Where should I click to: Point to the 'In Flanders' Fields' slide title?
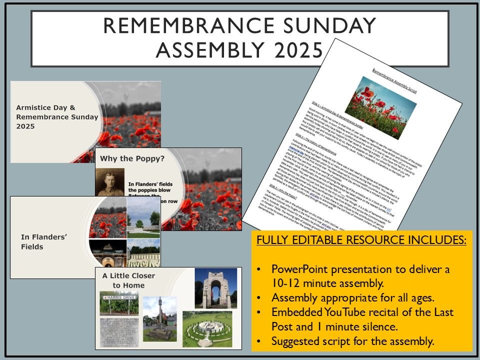coord(43,241)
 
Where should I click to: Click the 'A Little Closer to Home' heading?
coord(129,280)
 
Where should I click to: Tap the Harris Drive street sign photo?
coord(119,300)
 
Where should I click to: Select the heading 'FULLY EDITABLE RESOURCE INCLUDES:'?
coord(361,240)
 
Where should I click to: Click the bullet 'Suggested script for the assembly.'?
coord(352,341)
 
